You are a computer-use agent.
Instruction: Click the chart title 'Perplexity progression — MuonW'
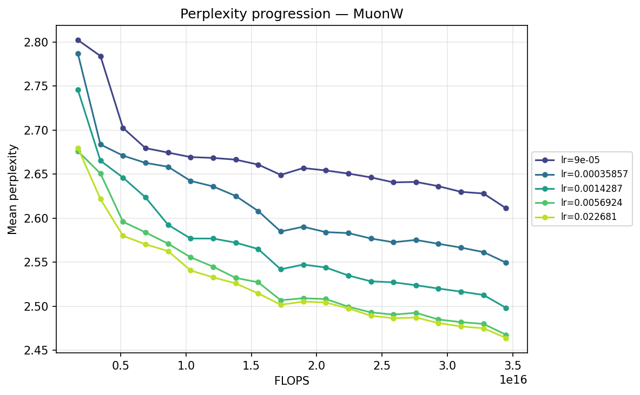292,14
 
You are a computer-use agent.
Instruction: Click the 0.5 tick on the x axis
120,365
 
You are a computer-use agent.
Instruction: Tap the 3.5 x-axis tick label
513,365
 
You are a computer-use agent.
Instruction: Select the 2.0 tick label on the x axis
316,365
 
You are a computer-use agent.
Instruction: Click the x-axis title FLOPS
292,380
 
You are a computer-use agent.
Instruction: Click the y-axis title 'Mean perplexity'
12,189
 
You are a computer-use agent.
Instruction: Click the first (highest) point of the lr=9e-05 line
78,40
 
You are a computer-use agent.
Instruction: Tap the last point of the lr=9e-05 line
506,208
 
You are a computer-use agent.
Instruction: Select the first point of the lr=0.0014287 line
78,90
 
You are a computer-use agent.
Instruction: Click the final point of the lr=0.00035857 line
506,263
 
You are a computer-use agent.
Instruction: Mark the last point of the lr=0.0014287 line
506,308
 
